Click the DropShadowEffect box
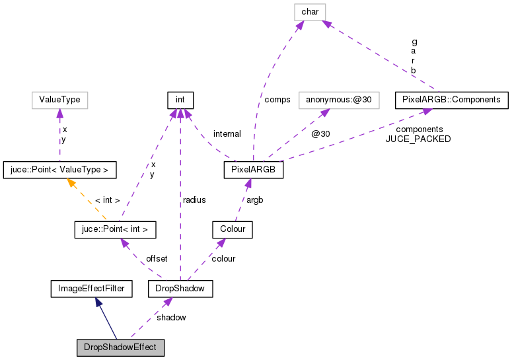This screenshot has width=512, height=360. [120, 347]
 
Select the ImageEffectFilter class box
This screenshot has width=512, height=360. [91, 289]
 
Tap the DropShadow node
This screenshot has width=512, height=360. [180, 289]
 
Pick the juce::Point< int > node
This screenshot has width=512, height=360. [115, 229]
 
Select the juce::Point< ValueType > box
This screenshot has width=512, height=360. [59, 170]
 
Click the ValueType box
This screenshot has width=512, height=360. [59, 100]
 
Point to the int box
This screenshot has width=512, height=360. [180, 100]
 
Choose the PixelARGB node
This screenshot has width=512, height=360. [254, 170]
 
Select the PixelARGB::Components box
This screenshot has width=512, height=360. [452, 100]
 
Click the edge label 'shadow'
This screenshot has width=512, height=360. [171, 317]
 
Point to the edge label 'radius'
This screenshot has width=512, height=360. [194, 199]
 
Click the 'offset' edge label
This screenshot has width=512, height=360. [157, 258]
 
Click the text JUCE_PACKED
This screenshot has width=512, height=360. [418, 139]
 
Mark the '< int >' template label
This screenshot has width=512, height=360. [107, 199]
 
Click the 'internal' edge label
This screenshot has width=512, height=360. [227, 134]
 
